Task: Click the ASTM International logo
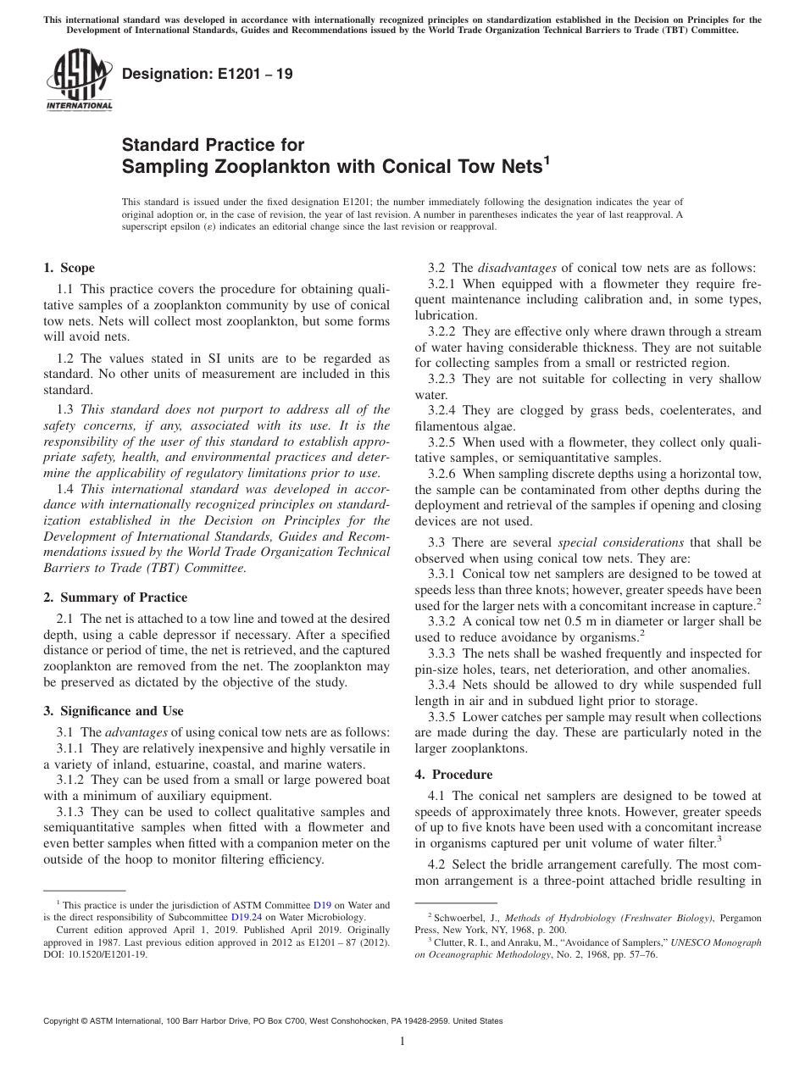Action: tap(79, 80)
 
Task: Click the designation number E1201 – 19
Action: tap(208, 74)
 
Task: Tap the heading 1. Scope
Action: tap(69, 268)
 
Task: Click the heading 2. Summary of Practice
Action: tap(115, 597)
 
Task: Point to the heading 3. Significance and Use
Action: tap(113, 711)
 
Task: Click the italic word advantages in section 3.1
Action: tap(136, 732)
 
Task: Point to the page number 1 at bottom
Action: tap(402, 1042)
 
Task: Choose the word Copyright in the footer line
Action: tap(63, 1021)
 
